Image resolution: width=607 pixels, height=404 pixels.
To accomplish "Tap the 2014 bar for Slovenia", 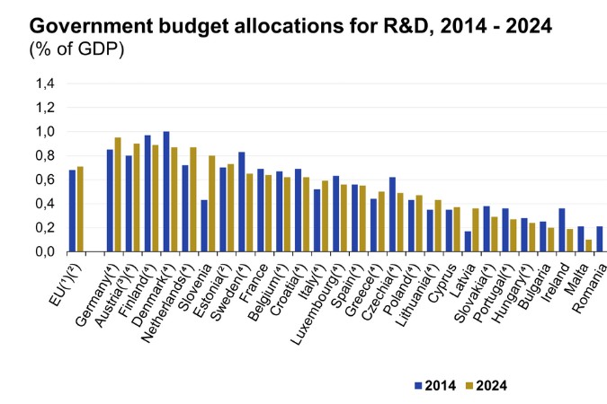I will coord(204,225).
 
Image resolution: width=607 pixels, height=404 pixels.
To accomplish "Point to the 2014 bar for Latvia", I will coord(468,241).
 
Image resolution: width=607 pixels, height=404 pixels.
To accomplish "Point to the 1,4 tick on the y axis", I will coord(45,83).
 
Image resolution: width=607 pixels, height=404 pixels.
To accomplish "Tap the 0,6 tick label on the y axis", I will coord(45,180).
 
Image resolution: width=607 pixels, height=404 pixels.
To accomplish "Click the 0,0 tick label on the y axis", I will coord(45,251).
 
